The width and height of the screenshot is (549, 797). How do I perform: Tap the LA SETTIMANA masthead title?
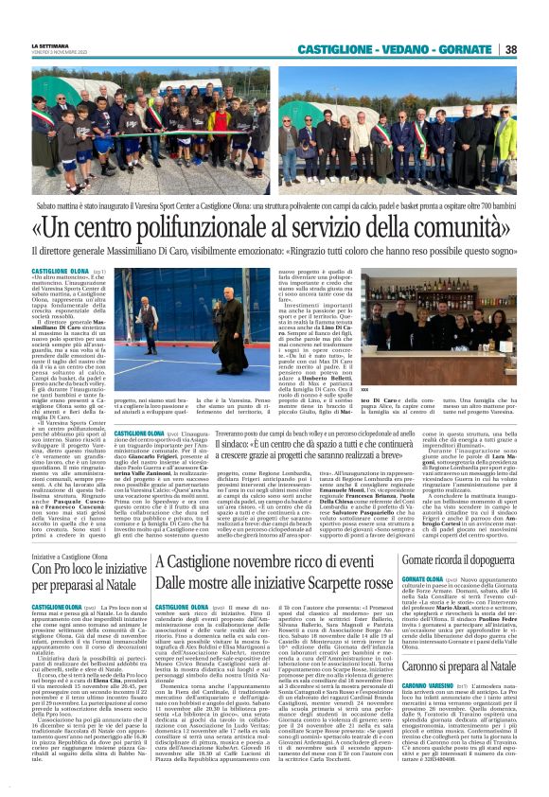pos(52,44)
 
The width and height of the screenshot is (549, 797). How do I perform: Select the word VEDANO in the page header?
pos(414,49)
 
